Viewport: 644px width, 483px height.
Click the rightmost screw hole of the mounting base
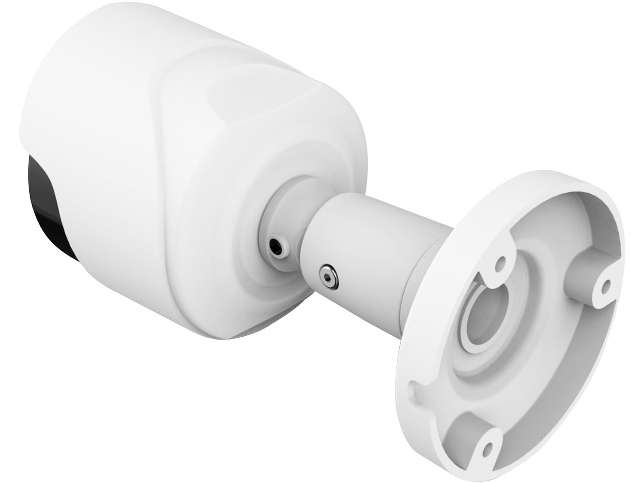click(606, 287)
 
